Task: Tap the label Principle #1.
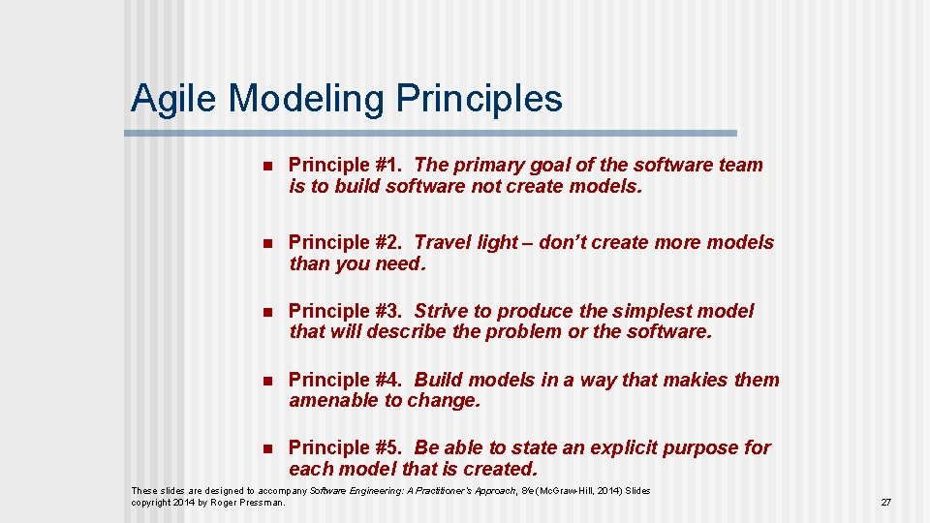[x=345, y=166]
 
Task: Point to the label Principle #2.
[x=345, y=242]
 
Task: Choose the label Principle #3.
[x=345, y=311]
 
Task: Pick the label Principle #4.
[x=345, y=380]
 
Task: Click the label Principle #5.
[x=345, y=447]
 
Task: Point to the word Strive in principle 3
[x=441, y=311]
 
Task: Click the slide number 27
[x=885, y=503]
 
